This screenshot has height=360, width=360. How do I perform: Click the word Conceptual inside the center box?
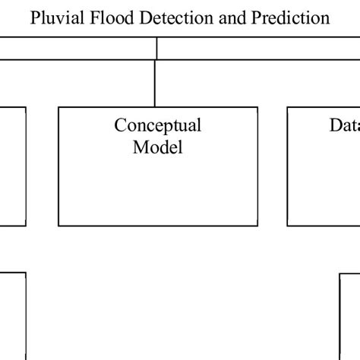coord(157,125)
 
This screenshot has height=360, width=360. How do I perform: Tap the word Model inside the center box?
coord(157,147)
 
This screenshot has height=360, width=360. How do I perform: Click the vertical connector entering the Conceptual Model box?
coord(154,84)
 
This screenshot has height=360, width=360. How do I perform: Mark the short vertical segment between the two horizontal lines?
coord(156,49)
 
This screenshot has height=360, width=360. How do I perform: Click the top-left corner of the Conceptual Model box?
coord(59,107)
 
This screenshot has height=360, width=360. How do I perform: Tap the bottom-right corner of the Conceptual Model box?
coord(257,226)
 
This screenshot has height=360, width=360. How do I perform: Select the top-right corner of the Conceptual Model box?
coord(257,107)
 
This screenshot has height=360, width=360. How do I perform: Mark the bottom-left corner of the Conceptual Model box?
coord(59,226)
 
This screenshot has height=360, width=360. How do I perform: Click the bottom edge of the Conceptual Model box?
coord(157,226)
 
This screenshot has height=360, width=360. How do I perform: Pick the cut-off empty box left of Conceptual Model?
coord(12,166)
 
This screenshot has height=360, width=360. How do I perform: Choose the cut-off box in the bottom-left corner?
coord(12,315)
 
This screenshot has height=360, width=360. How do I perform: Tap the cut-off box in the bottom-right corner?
coord(349,315)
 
